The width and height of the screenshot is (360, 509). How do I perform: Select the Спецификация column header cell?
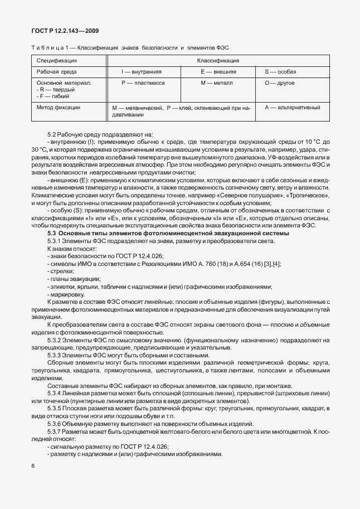click(x=57, y=60)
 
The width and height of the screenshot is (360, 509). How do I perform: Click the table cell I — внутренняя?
click(x=142, y=72)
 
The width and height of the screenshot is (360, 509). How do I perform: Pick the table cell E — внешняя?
click(x=218, y=72)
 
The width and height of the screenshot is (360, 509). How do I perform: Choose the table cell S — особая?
click(x=280, y=72)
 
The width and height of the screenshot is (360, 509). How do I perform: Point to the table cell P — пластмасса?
click(x=143, y=83)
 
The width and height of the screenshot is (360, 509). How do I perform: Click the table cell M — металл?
click(x=217, y=83)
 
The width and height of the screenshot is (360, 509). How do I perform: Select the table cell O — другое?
click(x=280, y=83)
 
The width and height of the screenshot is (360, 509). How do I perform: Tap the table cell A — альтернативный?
click(x=292, y=107)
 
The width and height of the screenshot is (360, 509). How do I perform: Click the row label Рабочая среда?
click(x=57, y=72)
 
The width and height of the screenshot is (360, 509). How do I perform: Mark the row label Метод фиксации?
click(x=59, y=107)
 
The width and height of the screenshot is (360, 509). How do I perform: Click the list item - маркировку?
click(x=66, y=294)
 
